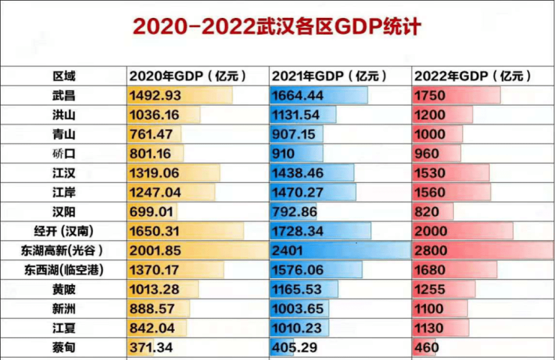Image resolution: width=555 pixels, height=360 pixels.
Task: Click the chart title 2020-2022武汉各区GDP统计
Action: pyautogui.click(x=277, y=28)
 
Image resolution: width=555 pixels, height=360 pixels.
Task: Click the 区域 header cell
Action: pyautogui.click(x=64, y=76)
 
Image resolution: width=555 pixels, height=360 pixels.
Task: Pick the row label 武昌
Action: pyautogui.click(x=64, y=95)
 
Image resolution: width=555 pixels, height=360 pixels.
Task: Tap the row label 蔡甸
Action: pyautogui.click(x=64, y=347)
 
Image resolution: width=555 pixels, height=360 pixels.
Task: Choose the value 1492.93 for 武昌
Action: pyautogui.click(x=156, y=95)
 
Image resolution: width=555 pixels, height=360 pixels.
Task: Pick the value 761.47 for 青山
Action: pyautogui.click(x=153, y=134)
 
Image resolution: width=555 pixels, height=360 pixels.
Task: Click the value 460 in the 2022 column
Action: pyautogui.click(x=427, y=347)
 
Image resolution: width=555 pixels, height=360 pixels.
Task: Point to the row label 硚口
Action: pyautogui.click(x=64, y=154)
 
